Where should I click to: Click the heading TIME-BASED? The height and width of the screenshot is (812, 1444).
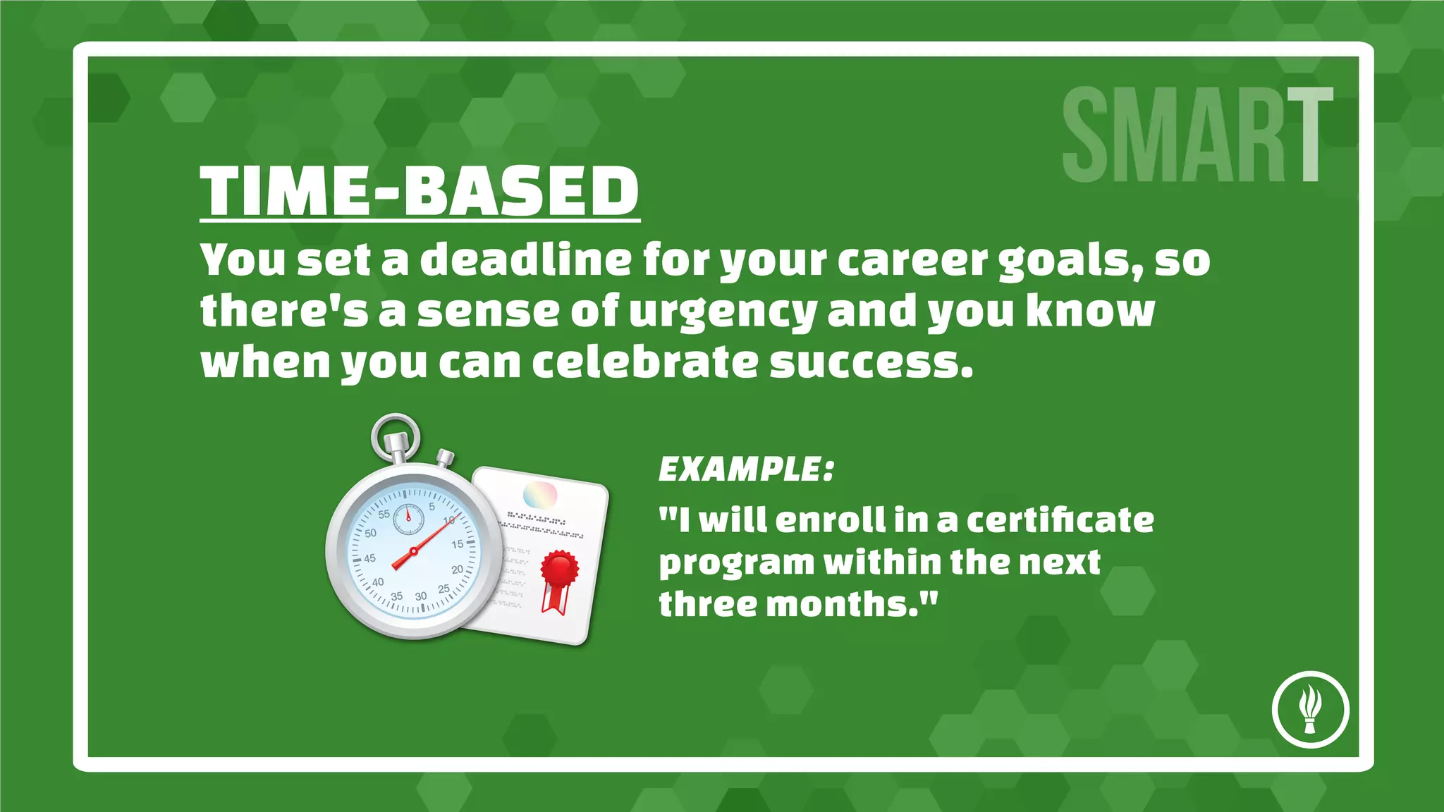[x=420, y=192]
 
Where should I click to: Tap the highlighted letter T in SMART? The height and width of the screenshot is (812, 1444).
[x=1310, y=134]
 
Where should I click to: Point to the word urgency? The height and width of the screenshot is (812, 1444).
[x=723, y=312]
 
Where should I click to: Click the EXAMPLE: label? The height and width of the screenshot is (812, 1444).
[x=746, y=469]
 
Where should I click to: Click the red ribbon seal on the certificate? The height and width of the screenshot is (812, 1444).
[x=559, y=570]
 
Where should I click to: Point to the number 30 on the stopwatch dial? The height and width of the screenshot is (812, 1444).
[x=421, y=596]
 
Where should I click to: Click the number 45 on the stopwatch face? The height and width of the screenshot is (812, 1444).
[x=369, y=558]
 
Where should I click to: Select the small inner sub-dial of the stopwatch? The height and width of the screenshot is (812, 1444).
[x=408, y=519]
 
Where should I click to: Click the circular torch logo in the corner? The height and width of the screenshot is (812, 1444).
[x=1310, y=709]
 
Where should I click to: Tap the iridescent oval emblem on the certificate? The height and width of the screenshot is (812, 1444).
[x=540, y=495]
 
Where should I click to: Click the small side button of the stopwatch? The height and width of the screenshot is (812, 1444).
[x=445, y=457]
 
